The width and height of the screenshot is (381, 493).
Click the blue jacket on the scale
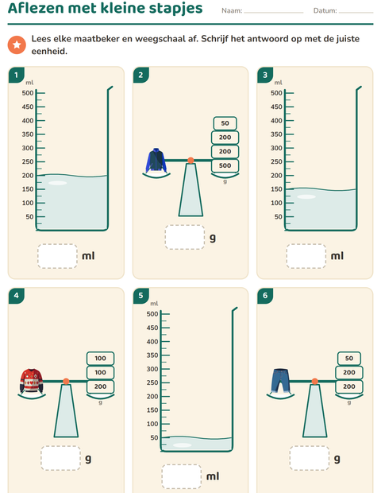coord(156,161)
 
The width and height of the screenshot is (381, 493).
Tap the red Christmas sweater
coord(31,381)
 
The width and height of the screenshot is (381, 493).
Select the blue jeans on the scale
coord(280,381)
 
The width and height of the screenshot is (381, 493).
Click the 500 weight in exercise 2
coord(225,165)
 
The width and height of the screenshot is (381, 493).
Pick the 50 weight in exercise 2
coord(225,123)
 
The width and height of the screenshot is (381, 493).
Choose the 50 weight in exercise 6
coord(349,358)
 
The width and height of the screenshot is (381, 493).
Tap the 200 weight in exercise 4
coord(101,386)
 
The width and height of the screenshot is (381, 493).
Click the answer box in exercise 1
coord(57,256)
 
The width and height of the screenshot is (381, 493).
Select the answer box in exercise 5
coord(182,476)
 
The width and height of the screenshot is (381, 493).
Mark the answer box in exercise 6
coord(310,458)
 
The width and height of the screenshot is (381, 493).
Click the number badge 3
coord(265,75)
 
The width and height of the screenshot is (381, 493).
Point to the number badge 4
coord(17,296)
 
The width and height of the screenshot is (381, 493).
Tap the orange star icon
coord(17,45)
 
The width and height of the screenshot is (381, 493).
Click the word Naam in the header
coord(232,10)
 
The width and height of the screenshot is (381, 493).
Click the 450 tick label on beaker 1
coord(28,107)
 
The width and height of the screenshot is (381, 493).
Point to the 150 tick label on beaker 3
coord(276,189)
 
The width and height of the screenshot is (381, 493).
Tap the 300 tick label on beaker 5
coord(152,369)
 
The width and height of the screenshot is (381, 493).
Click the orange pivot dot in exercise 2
coord(190,161)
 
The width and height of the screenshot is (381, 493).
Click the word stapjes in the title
coord(175,8)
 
